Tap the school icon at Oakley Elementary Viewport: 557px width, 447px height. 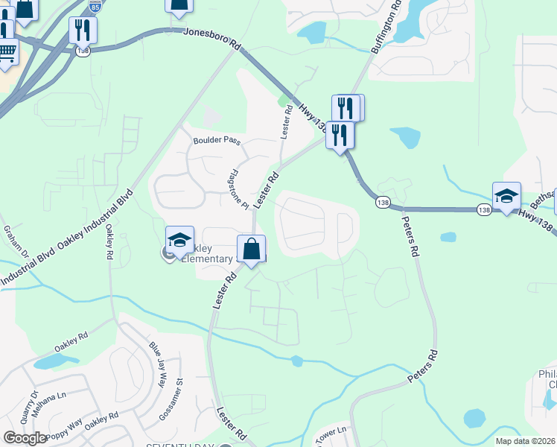tap(179, 240)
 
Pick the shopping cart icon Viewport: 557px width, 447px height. tap(7, 53)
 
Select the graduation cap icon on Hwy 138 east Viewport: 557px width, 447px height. tap(506, 197)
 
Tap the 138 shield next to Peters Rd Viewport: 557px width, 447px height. tap(383, 203)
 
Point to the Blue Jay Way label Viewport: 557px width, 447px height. tap(158, 363)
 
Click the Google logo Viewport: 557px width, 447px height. tap(25, 438)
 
